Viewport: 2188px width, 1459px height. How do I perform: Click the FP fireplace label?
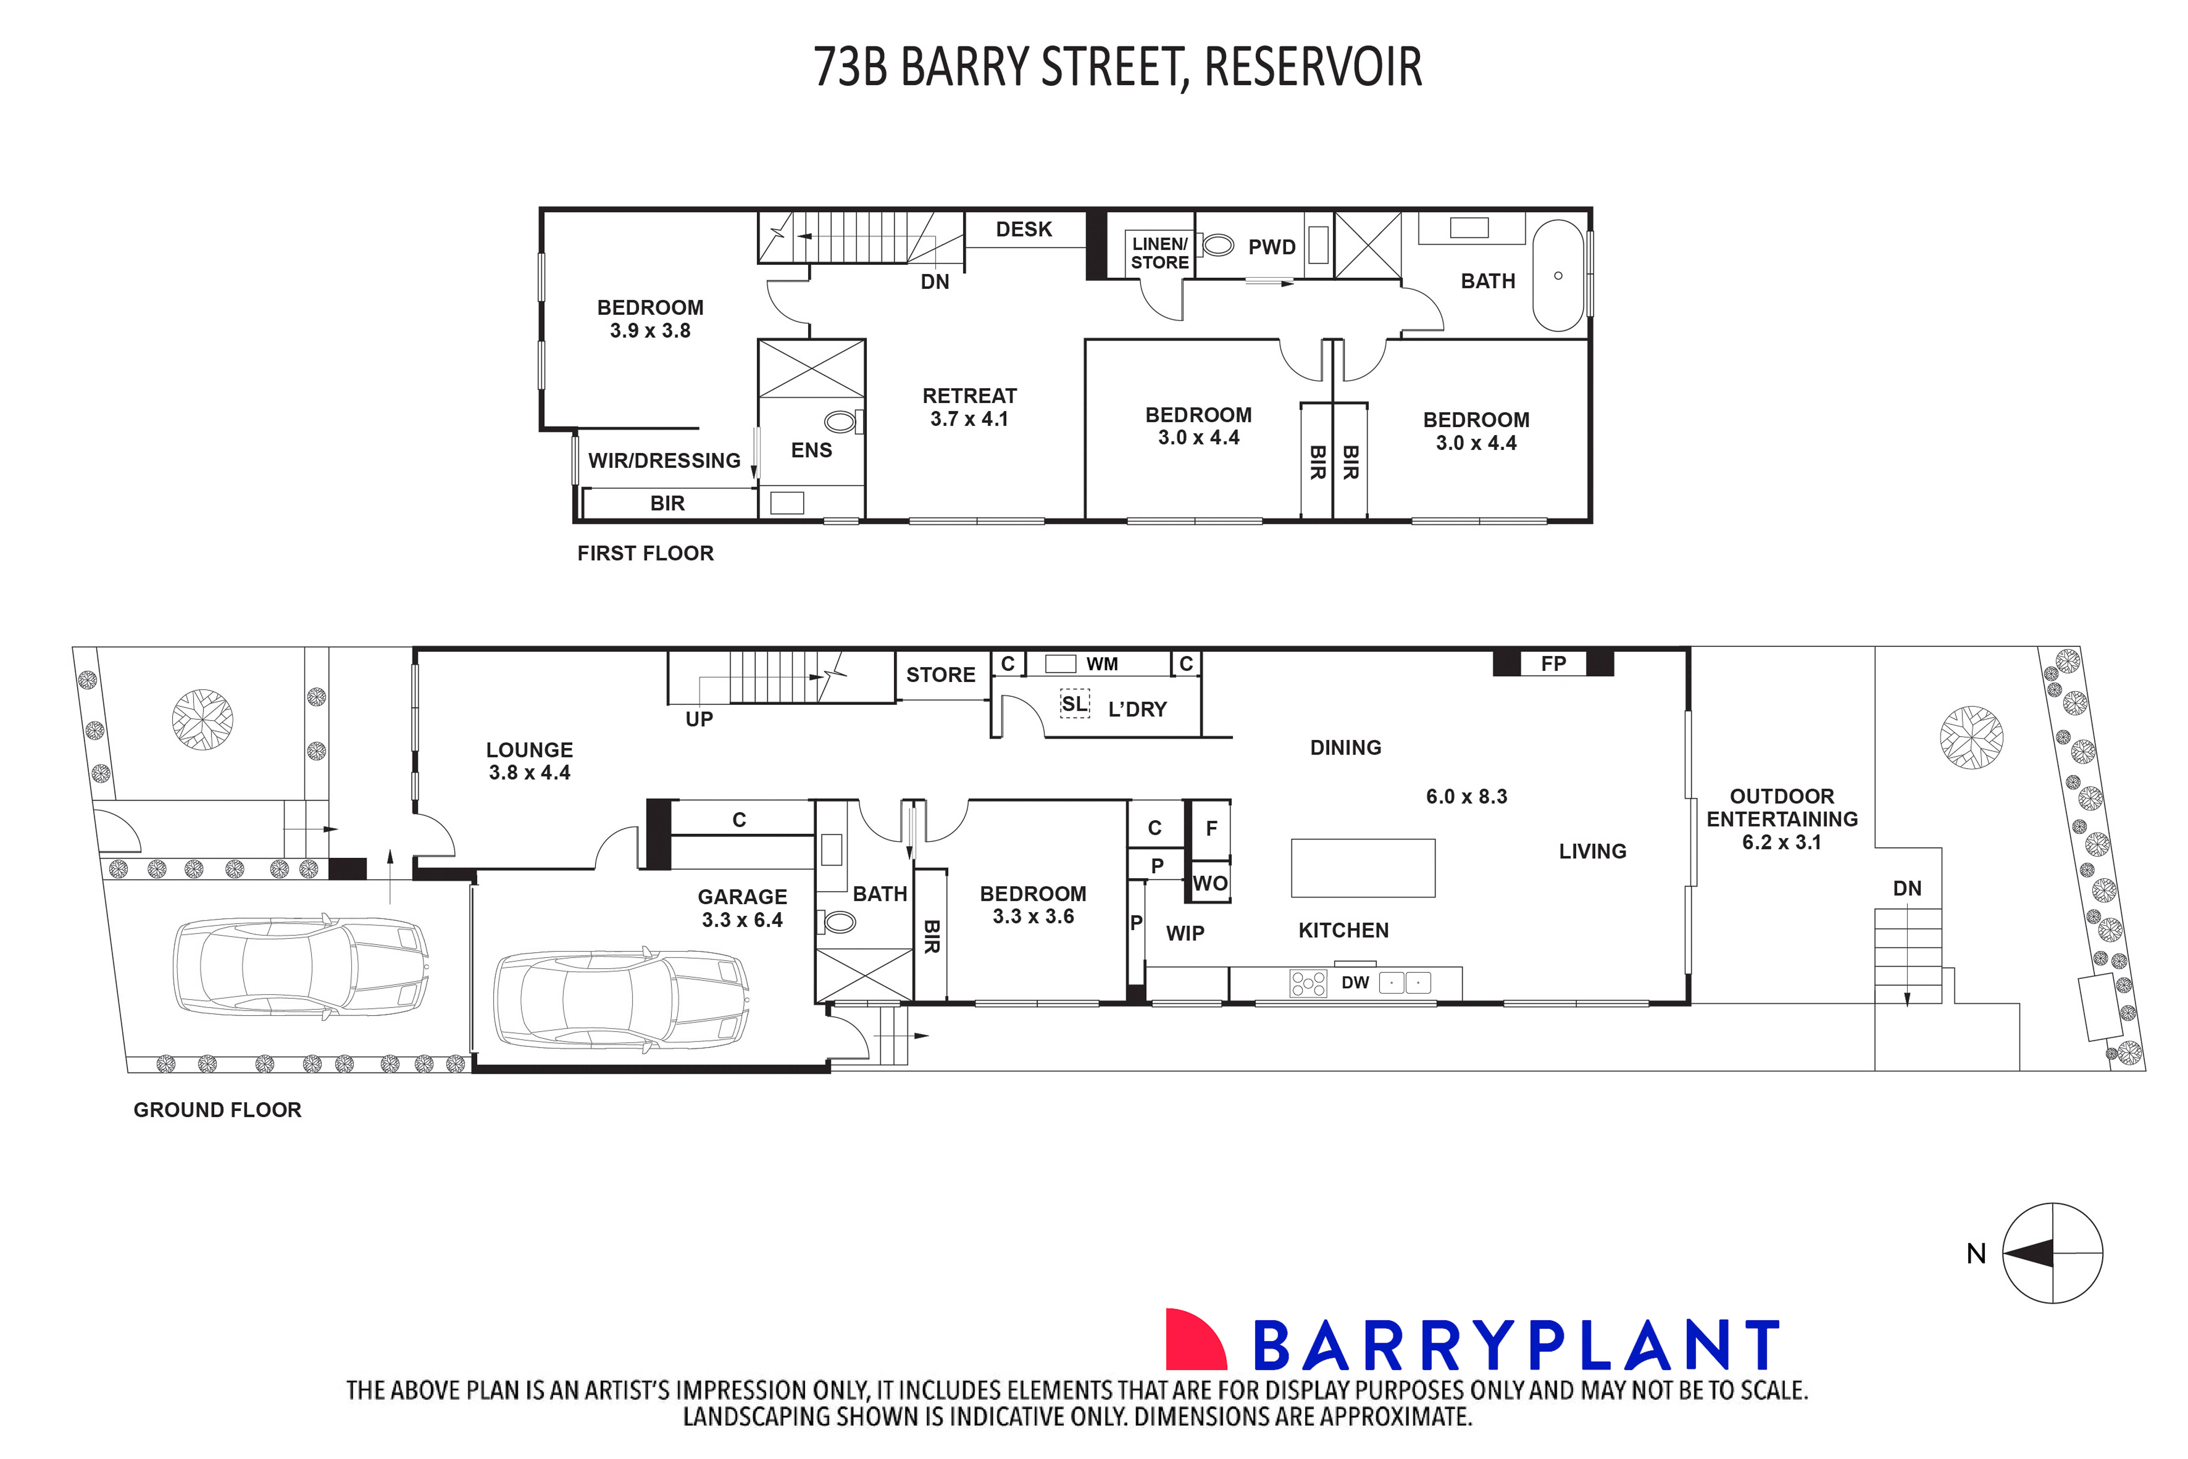[x=1552, y=664]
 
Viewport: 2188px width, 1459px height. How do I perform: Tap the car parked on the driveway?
[x=301, y=966]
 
